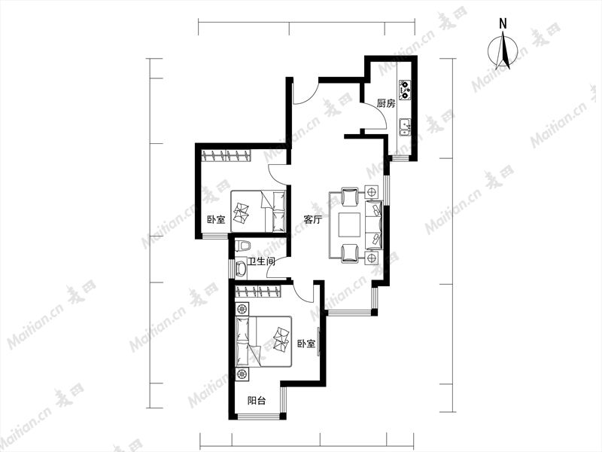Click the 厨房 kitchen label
pyautogui.click(x=386, y=103)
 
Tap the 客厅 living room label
pyautogui.click(x=312, y=219)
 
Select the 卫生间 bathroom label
pyautogui.click(x=261, y=261)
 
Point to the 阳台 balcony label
pyautogui.click(x=257, y=401)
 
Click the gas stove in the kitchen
pyautogui.click(x=405, y=90)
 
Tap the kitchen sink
pyautogui.click(x=405, y=127)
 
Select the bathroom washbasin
pyautogui.click(x=241, y=268)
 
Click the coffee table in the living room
pyautogui.click(x=349, y=224)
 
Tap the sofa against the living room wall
pyautogui.click(x=373, y=224)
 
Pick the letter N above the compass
pyautogui.click(x=503, y=24)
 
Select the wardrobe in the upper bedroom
pyautogui.click(x=227, y=156)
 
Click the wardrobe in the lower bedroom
pyautogui.click(x=257, y=291)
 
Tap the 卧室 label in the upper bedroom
pyautogui.click(x=216, y=220)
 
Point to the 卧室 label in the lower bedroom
pyautogui.click(x=306, y=344)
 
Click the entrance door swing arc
pyautogui.click(x=309, y=96)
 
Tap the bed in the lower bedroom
pyautogui.click(x=263, y=341)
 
